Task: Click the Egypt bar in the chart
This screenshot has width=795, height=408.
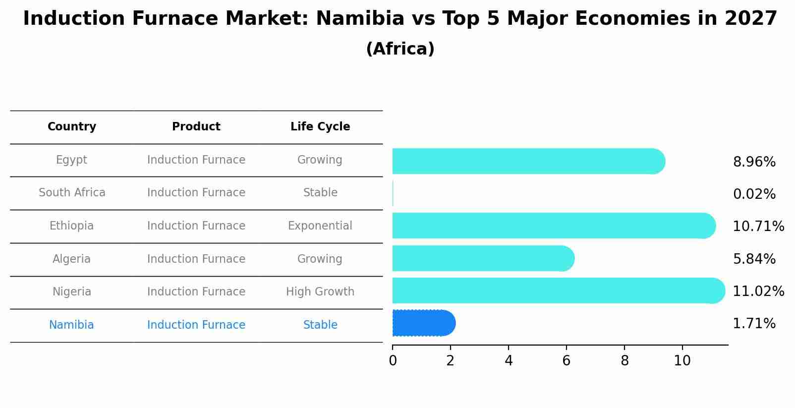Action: pyautogui.click(x=528, y=161)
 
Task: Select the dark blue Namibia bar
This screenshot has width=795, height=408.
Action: pyautogui.click(x=423, y=323)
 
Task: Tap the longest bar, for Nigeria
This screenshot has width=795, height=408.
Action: pyautogui.click(x=558, y=291)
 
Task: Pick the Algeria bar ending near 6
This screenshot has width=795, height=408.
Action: pyautogui.click(x=483, y=258)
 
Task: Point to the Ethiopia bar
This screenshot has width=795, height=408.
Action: pyautogui.click(x=553, y=226)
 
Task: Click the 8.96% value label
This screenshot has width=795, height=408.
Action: pyautogui.click(x=754, y=162)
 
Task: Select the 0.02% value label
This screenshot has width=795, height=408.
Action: pyautogui.click(x=754, y=194)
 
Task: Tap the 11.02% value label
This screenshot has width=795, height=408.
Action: pyautogui.click(x=758, y=291)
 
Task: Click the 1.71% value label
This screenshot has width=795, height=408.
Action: pyautogui.click(x=754, y=324)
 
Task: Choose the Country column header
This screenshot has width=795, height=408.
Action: pyautogui.click(x=72, y=127)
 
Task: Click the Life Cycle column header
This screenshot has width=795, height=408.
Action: pyautogui.click(x=320, y=127)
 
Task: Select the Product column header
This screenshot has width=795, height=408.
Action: pyautogui.click(x=196, y=127)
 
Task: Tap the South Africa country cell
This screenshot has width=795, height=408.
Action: pyautogui.click(x=72, y=193)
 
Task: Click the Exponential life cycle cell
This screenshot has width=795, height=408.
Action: pyautogui.click(x=320, y=226)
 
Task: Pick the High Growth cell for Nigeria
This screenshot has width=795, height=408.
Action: pyautogui.click(x=320, y=292)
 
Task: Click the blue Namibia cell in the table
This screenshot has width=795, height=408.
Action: pyautogui.click(x=71, y=325)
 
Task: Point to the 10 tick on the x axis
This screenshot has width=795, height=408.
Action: pyautogui.click(x=682, y=361)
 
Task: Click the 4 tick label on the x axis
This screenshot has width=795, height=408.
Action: pyautogui.click(x=509, y=361)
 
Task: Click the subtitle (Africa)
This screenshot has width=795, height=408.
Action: pyautogui.click(x=400, y=49)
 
